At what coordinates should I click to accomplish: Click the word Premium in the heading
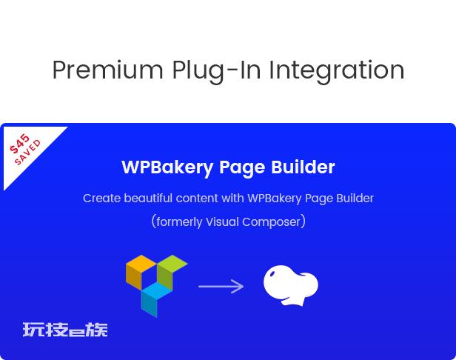pos(107,70)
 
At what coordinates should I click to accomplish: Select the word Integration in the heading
pos(337,71)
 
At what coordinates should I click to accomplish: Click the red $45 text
pos(20,143)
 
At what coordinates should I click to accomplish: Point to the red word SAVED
pos(28,152)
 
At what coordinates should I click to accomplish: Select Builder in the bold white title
pos(303,167)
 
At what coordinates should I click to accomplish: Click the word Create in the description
pos(102,199)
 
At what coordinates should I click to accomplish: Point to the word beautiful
pos(148,199)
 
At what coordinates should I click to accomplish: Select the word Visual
pos(222,221)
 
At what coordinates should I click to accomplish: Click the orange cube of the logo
pos(141,272)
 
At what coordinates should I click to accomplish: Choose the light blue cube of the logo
pos(156,299)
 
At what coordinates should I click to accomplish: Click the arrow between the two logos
pos(221,287)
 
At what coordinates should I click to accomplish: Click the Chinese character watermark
pos(65,330)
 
